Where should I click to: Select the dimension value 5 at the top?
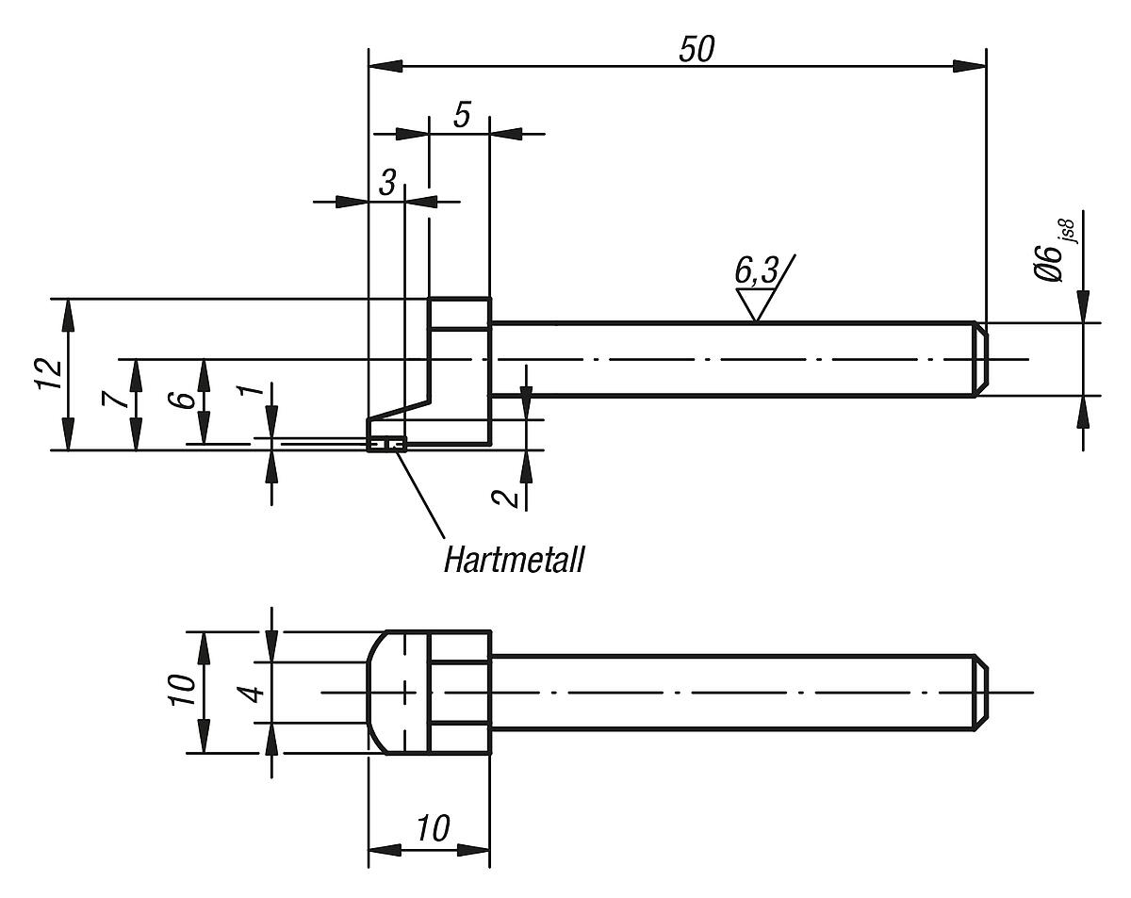[x=462, y=115]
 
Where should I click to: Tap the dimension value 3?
[x=387, y=184]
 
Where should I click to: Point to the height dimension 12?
[x=52, y=374]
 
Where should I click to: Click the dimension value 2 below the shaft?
[x=508, y=495]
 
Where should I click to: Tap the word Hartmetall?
[x=514, y=561]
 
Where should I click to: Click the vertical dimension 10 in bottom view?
[x=185, y=691]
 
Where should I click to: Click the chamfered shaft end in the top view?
[x=980, y=359]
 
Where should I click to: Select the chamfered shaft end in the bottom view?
[x=980, y=692]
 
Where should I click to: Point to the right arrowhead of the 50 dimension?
[x=971, y=67]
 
